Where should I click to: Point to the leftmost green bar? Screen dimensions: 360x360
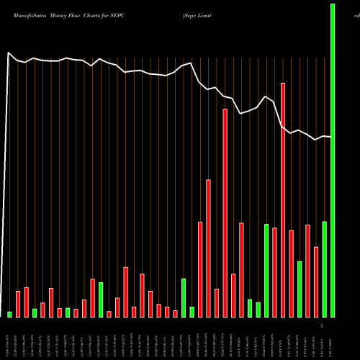(x=10, y=314)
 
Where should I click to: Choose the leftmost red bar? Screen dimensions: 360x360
(x=18, y=303)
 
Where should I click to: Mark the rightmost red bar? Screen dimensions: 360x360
(x=316, y=282)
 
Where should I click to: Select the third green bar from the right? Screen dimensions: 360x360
(x=300, y=289)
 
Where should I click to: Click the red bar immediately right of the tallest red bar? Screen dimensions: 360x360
(x=291, y=273)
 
